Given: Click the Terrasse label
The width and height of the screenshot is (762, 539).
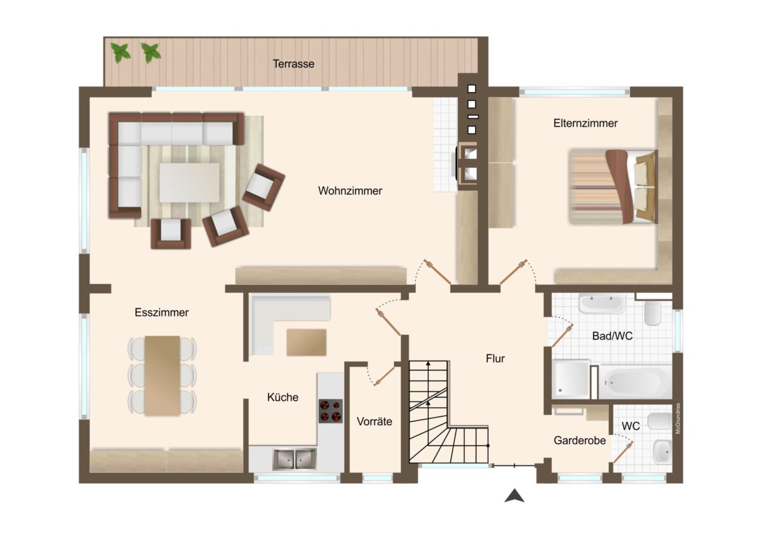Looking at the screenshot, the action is click(293, 64).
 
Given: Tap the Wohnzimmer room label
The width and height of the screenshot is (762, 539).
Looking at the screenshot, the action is click(350, 191).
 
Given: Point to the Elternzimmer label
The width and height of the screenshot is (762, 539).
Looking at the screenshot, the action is click(585, 123).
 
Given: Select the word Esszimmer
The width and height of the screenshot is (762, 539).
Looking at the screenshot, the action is click(161, 312).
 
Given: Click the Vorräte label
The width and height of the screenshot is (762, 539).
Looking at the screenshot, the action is click(374, 421).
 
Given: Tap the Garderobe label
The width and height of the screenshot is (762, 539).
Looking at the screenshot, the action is click(580, 440).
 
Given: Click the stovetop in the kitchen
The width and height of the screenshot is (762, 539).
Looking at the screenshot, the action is click(330, 411).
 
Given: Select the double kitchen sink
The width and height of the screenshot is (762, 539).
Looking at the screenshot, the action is click(295, 459).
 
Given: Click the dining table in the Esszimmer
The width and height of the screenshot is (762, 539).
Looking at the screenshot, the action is click(163, 375).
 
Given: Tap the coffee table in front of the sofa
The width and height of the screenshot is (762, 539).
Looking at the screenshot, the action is click(189, 183).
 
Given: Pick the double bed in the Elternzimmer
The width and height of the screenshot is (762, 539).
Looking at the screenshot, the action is click(613, 187).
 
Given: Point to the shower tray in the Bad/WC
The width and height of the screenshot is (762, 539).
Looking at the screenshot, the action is click(570, 379).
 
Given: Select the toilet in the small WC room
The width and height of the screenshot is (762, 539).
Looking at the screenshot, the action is click(659, 421).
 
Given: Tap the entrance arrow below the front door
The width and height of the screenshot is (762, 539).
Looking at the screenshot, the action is click(514, 496).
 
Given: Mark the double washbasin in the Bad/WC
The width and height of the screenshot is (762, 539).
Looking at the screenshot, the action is click(602, 304).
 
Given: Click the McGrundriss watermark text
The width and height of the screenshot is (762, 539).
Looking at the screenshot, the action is click(678, 418).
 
